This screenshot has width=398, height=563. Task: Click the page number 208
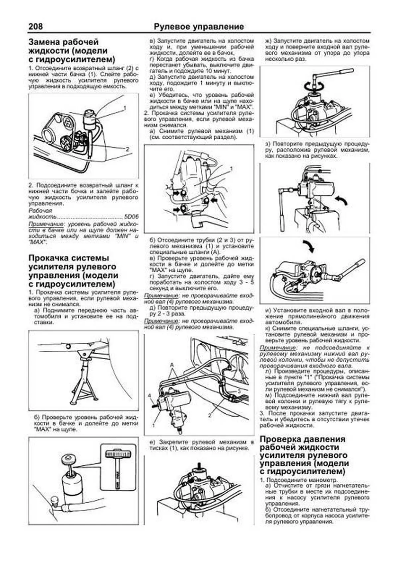35,26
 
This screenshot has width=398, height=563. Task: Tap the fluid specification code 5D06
131,217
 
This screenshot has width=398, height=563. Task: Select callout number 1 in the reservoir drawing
125,108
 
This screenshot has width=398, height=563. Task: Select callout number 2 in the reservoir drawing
127,149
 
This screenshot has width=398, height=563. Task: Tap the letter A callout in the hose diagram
172,364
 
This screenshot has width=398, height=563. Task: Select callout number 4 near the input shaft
150,395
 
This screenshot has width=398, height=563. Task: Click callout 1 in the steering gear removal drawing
231,169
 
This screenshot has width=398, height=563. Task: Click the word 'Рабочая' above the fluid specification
40,211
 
